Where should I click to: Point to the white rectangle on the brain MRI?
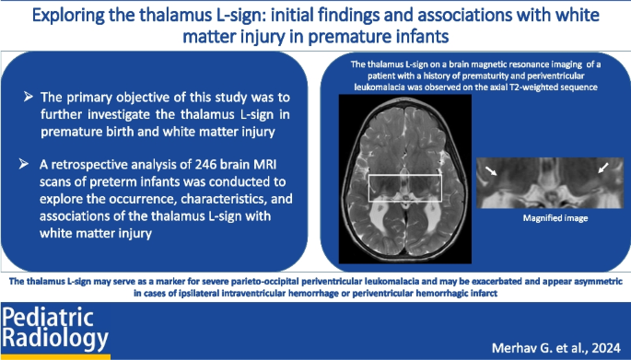404,188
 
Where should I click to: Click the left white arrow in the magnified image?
493,170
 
